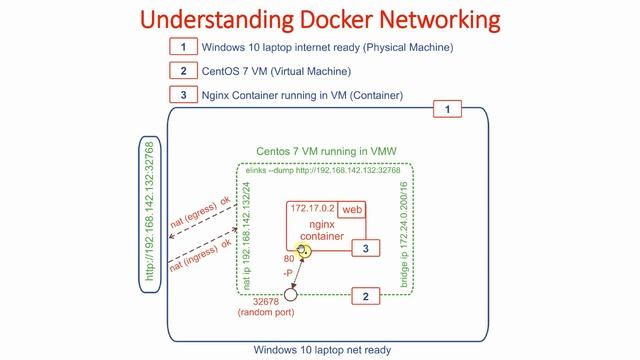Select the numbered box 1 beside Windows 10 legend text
183,46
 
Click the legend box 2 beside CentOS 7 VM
183,71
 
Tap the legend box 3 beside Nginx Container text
183,96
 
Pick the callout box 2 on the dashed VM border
366,296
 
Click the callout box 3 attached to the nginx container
366,247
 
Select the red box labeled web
351,210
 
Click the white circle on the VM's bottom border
291,295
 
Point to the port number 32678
267,300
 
